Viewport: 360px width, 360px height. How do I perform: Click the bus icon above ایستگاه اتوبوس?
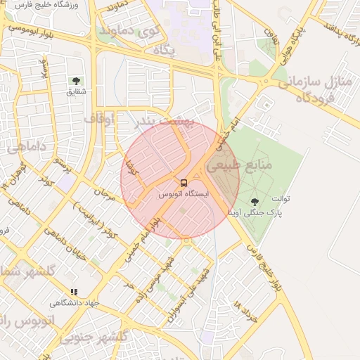click(184, 183)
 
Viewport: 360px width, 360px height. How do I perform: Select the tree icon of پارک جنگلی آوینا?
click(254, 202)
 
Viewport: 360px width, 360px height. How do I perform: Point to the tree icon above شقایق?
click(76, 82)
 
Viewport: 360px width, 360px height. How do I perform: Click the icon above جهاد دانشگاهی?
click(75, 292)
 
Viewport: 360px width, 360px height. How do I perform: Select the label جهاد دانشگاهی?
click(75, 303)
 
